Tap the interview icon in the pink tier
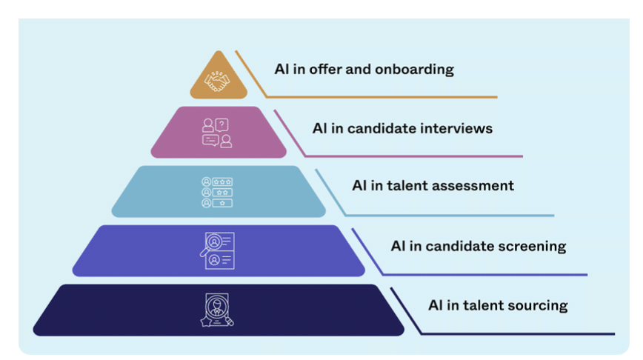pos(218,133)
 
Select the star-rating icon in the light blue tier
pos(218,192)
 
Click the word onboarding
pos(416,70)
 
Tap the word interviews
pos(454,128)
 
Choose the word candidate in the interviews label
pos(376,128)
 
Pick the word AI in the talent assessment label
pos(359,186)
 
